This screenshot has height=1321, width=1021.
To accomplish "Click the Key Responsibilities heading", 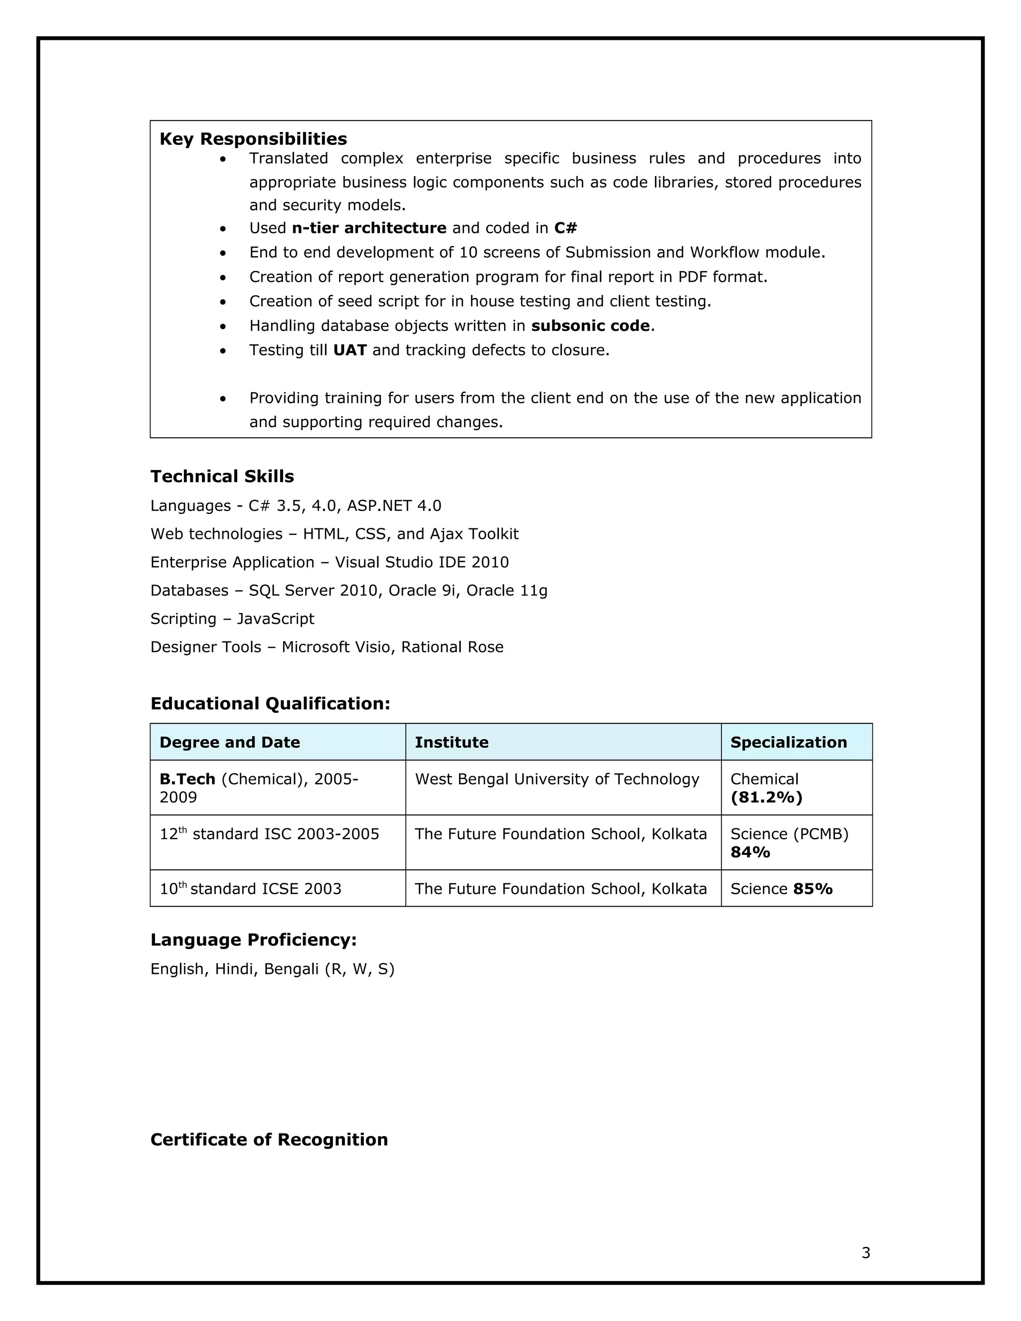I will (x=253, y=139).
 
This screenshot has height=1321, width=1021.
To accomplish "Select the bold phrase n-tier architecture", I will (x=369, y=228).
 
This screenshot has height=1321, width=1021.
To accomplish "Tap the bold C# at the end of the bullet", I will (x=565, y=228).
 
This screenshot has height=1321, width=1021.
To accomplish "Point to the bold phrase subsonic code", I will (x=590, y=326).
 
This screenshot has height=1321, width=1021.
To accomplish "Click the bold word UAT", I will (x=349, y=350).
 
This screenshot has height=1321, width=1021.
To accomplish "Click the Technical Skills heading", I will (x=222, y=477).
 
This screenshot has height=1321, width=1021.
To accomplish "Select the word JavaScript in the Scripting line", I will (x=275, y=619).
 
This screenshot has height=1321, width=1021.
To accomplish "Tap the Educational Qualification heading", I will (x=270, y=703).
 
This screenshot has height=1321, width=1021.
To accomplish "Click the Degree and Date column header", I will (x=230, y=742).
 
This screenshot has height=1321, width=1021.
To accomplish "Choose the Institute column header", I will (x=451, y=742).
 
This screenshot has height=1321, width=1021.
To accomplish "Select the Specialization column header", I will (x=788, y=742).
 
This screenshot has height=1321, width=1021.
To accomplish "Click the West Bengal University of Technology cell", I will (x=556, y=779).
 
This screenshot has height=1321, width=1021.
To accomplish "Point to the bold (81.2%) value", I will (x=766, y=797).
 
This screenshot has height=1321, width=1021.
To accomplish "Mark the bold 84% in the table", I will (x=750, y=852).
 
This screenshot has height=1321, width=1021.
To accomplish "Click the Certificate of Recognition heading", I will (x=269, y=1140).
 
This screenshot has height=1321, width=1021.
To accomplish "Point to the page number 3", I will (x=865, y=1253).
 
